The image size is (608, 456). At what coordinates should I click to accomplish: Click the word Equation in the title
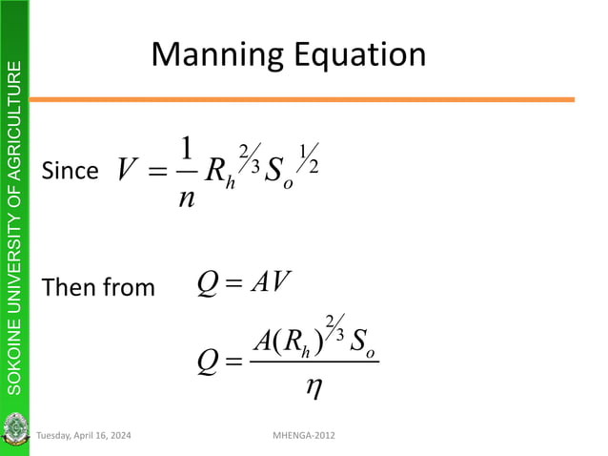(x=356, y=55)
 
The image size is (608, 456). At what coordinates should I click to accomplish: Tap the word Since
(x=70, y=172)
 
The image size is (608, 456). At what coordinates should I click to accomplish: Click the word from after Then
(x=128, y=287)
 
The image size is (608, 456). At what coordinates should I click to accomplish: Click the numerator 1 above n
(x=186, y=149)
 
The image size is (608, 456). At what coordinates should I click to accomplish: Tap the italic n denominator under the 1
(x=186, y=197)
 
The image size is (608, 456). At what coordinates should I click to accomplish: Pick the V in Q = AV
(x=278, y=283)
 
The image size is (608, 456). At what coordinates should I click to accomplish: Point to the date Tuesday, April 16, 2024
(x=84, y=435)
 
